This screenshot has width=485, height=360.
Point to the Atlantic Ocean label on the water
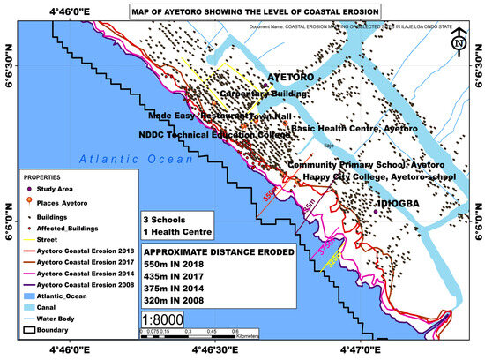[x=132, y=159]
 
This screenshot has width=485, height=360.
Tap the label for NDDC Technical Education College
[x=215, y=135]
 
